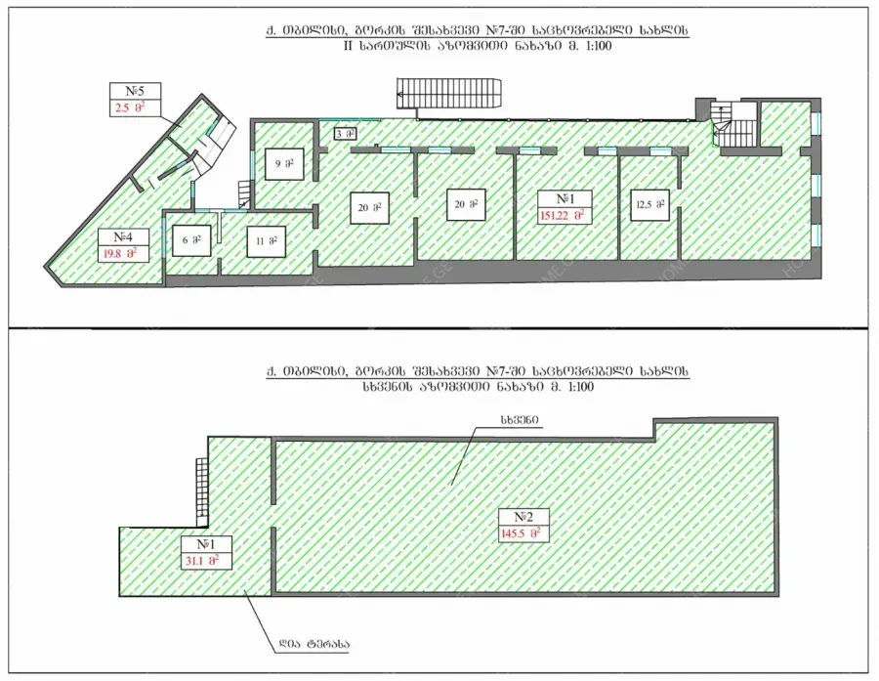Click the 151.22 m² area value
click(x=564, y=215)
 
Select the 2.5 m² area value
click(x=130, y=107)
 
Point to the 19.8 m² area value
click(x=119, y=254)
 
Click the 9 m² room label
click(x=285, y=164)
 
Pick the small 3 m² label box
click(x=346, y=134)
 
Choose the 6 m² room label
click(x=191, y=240)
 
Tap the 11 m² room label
click(x=267, y=241)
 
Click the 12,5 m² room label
click(x=649, y=205)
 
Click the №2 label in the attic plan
click(x=523, y=517)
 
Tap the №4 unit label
click(x=123, y=236)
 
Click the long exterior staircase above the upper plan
click(x=449, y=93)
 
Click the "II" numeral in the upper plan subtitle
click(x=348, y=46)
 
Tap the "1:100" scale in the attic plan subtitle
click(x=580, y=387)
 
